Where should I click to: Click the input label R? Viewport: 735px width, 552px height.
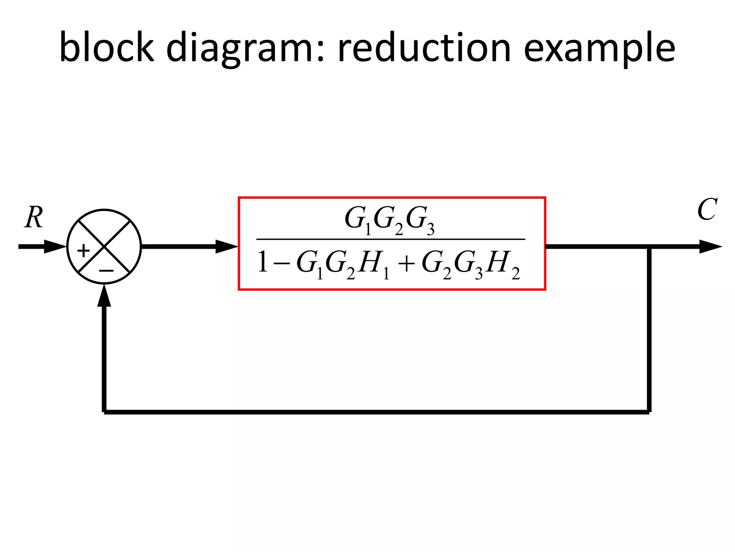tap(34, 218)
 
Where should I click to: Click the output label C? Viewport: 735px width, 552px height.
tap(707, 210)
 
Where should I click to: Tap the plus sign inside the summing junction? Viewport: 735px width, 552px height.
tap(84, 250)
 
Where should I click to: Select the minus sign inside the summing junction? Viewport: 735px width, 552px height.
tap(106, 270)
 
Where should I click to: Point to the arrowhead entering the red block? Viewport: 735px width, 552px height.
tap(226, 247)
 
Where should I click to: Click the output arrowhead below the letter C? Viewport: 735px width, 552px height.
tap(710, 247)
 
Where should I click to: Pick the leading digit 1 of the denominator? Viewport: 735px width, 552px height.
tap(263, 262)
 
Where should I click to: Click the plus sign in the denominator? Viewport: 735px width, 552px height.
tap(406, 264)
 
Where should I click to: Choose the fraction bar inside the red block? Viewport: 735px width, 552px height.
tap(390, 239)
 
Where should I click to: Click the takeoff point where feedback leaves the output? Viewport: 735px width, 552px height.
tap(649, 247)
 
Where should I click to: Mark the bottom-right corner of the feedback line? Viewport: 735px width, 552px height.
tap(649, 412)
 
